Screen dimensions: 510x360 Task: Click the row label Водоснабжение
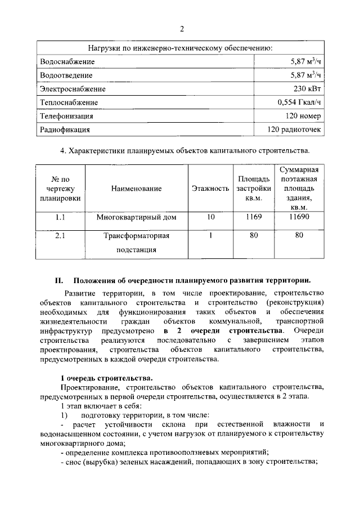point(67,61)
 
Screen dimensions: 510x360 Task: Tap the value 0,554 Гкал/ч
point(299,102)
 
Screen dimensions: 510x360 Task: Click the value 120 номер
point(303,116)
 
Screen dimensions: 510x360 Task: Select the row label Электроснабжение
point(73,88)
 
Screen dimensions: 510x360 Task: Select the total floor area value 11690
point(299,217)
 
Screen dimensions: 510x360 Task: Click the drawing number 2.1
point(61,236)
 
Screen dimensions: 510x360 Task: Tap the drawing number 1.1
point(61,217)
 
